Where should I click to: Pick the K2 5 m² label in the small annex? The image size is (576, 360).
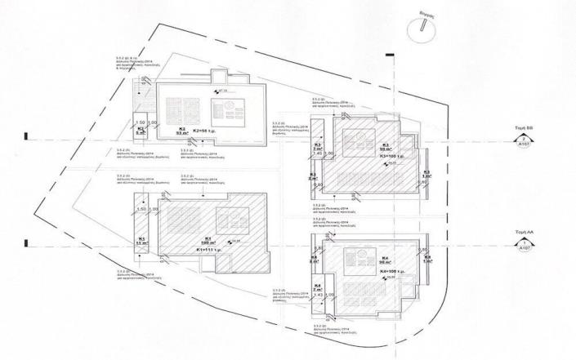coord(141,130)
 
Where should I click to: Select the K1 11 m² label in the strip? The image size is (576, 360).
coord(141,241)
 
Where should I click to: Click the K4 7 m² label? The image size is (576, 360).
coord(318,287)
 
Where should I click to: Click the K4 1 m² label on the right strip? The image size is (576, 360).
coord(426,259)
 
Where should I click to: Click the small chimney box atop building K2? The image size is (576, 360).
coord(218,78)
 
